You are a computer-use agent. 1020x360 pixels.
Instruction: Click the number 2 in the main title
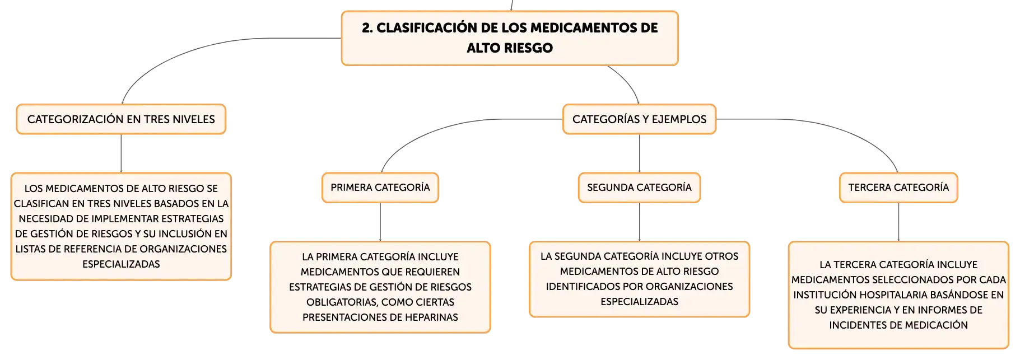click(366, 28)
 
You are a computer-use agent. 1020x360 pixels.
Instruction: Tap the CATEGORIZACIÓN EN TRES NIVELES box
click(121, 119)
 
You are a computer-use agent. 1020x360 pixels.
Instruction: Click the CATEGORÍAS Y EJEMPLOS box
click(639, 119)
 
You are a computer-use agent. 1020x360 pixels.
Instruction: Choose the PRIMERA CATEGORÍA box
click(380, 188)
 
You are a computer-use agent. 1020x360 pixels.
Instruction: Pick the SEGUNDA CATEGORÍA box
click(639, 188)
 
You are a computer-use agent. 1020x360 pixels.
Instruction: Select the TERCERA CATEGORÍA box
click(898, 188)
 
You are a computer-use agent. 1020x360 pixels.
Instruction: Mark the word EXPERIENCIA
click(863, 310)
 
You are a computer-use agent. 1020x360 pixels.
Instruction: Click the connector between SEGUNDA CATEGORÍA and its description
click(639, 222)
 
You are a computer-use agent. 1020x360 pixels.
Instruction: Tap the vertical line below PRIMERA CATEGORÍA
click(380, 222)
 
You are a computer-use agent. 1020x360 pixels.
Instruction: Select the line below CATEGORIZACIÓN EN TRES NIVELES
click(121, 153)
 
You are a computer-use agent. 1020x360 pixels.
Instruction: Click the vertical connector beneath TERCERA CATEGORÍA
click(898, 222)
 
